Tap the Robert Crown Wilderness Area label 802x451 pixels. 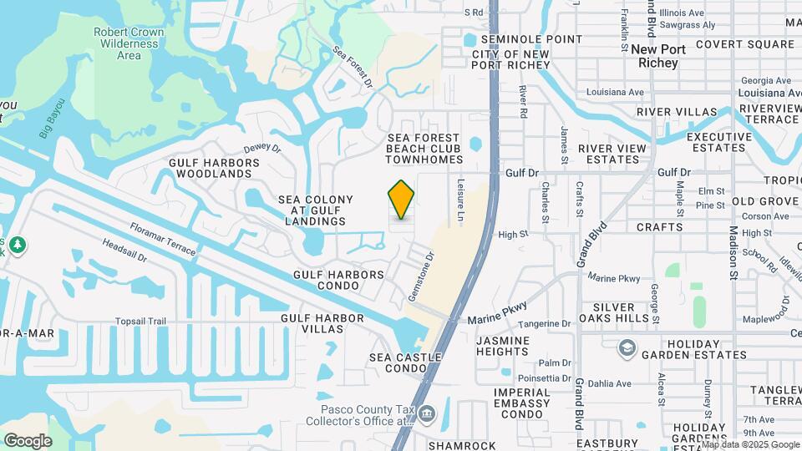[128, 43]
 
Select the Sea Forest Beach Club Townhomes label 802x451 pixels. [424, 149]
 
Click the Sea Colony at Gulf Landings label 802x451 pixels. [316, 210]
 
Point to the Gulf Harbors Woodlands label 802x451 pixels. [210, 168]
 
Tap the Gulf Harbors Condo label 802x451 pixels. [338, 280]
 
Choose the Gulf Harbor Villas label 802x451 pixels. [322, 323]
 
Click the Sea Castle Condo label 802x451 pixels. [399, 362]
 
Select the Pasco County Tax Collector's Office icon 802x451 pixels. [427, 412]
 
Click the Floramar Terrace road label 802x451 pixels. [163, 239]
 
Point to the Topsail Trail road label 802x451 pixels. [141, 321]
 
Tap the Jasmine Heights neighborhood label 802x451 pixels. [503, 347]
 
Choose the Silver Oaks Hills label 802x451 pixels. [620, 312]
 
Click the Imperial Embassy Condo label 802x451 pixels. [522, 403]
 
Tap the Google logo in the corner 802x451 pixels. [28, 440]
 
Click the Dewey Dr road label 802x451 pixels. [262, 146]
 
